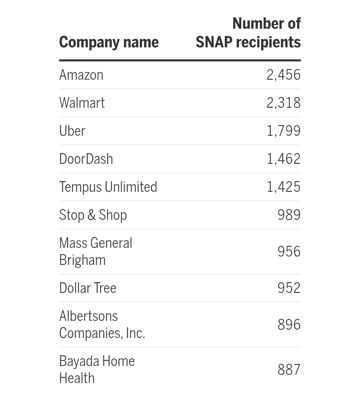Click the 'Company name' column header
click(x=109, y=42)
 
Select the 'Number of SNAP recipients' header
click(x=248, y=33)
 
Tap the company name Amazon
click(x=81, y=75)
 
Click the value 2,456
click(x=283, y=75)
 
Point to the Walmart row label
click(x=82, y=103)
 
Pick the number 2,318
click(x=283, y=103)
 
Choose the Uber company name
click(x=72, y=131)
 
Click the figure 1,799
click(x=283, y=131)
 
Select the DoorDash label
click(x=86, y=159)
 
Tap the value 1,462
click(x=283, y=159)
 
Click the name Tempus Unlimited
click(x=108, y=187)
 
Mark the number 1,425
click(x=283, y=187)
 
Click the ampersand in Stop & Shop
click(x=91, y=215)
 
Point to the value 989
click(x=289, y=215)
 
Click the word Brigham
click(x=82, y=260)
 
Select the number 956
click(x=289, y=252)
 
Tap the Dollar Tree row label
click(x=88, y=288)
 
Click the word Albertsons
click(x=88, y=316)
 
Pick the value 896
click(x=289, y=325)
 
